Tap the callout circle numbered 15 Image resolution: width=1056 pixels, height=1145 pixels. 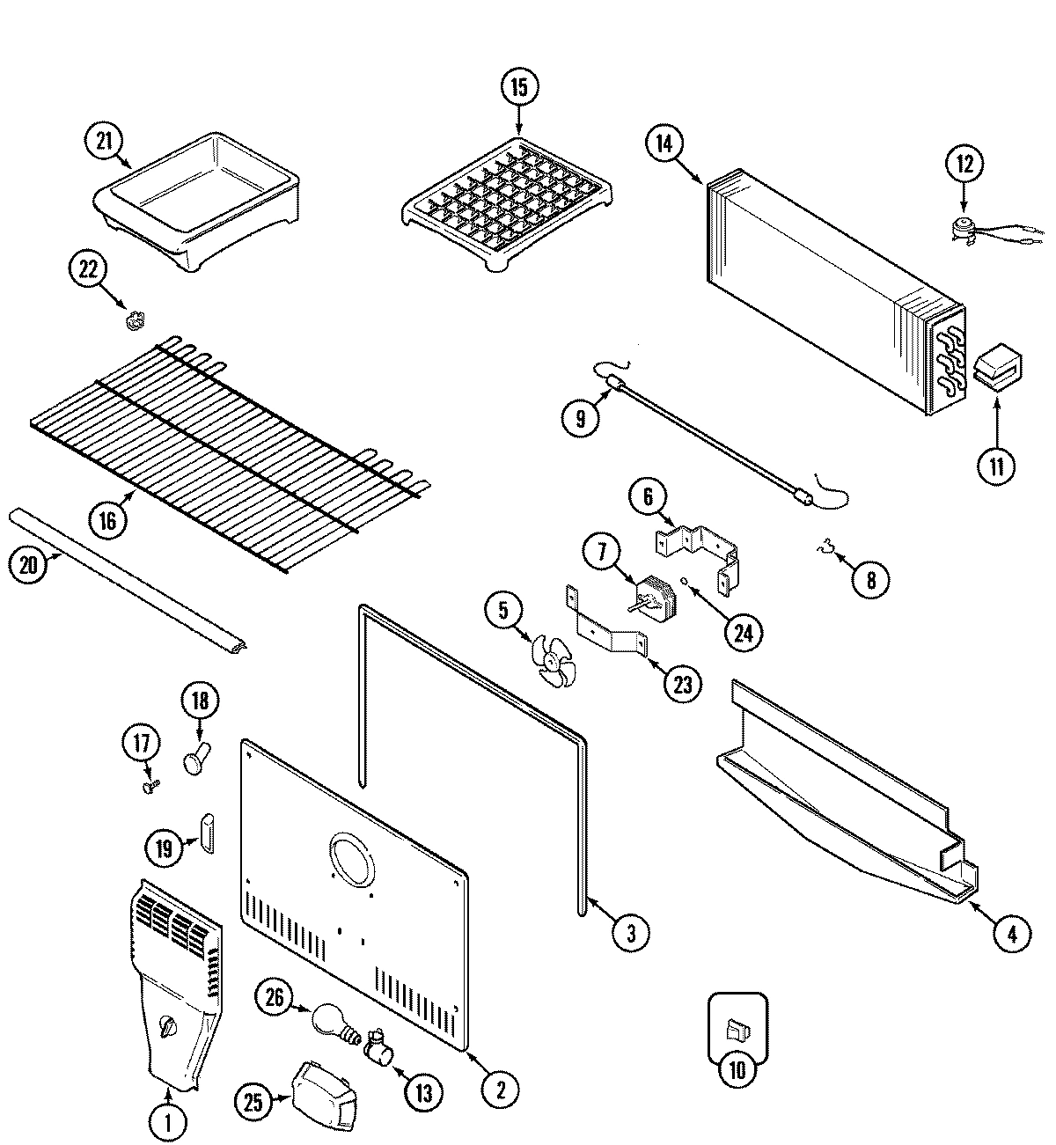(518, 87)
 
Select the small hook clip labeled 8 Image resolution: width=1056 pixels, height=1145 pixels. (825, 550)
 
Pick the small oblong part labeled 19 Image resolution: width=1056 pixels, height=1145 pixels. (209, 833)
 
